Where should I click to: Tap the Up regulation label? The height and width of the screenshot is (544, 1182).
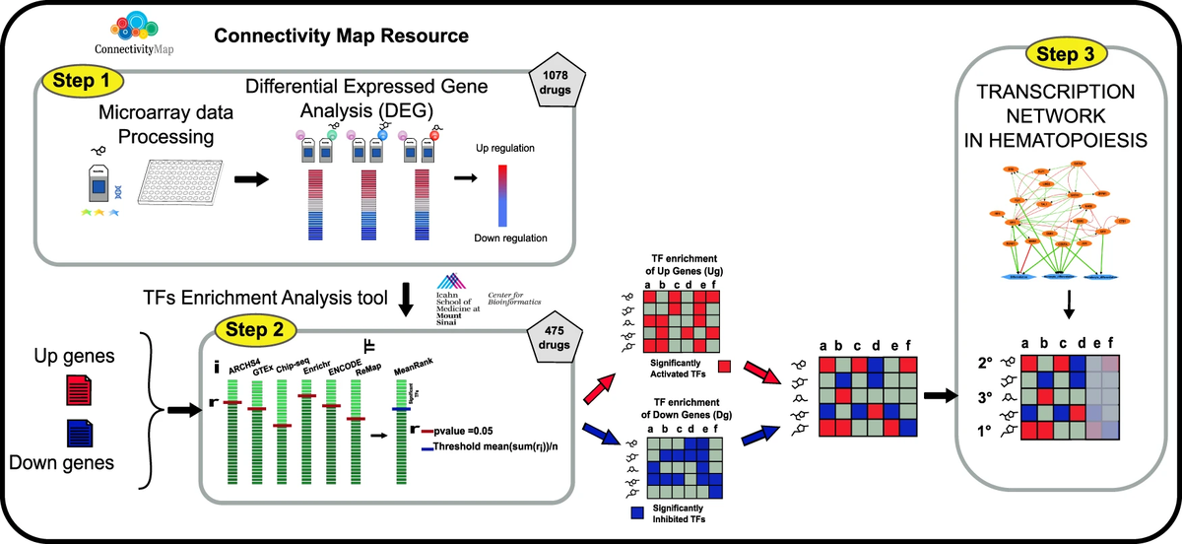click(x=503, y=147)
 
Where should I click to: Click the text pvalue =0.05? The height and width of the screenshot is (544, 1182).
click(x=466, y=431)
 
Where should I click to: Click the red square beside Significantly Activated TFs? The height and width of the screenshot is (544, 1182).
click(x=725, y=368)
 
